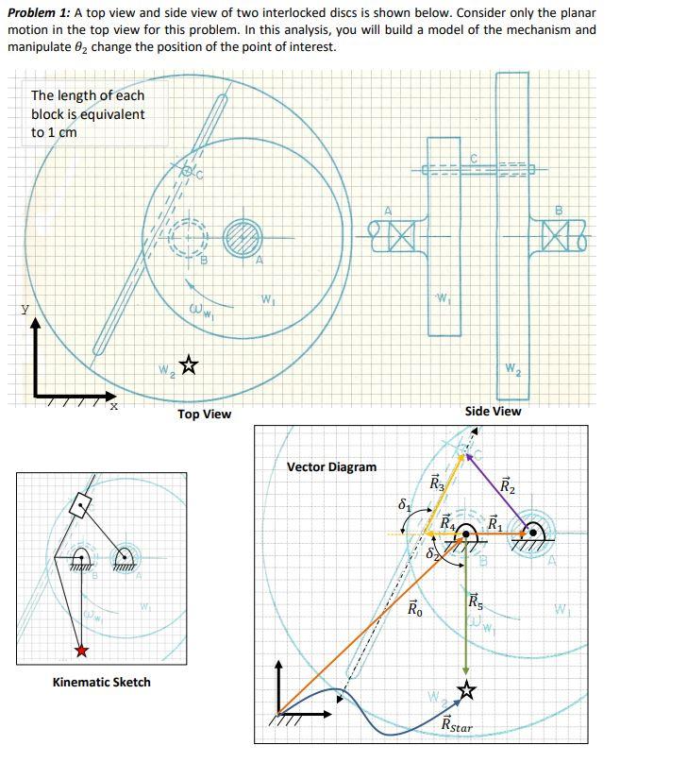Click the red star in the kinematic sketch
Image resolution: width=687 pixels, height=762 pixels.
(82, 651)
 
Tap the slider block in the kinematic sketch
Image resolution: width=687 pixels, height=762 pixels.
(82, 506)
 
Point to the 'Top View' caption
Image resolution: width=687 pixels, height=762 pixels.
(204, 415)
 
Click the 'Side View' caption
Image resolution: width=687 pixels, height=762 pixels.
(493, 411)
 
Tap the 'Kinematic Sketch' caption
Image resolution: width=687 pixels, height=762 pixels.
(101, 682)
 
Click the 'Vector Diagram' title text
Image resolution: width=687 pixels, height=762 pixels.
(331, 466)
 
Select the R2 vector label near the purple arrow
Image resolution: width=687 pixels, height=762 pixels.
(509, 487)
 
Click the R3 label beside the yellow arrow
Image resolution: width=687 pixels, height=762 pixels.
(436, 484)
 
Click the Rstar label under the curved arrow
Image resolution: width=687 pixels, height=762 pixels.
(457, 726)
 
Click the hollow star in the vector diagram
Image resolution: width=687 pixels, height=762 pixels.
(465, 692)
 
